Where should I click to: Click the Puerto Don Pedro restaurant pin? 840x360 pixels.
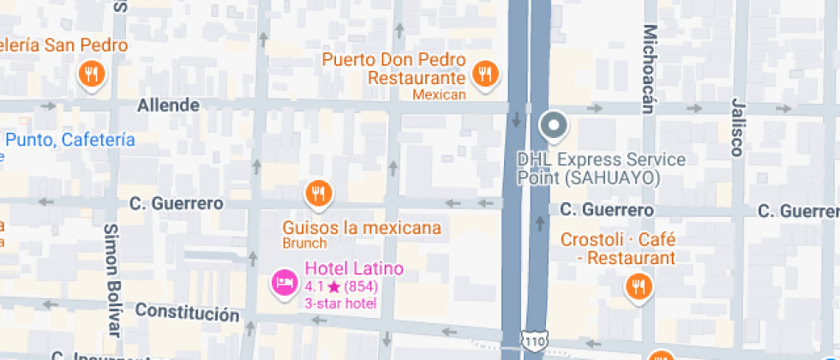pyautogui.click(x=486, y=74)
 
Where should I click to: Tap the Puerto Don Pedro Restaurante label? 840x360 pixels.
pyautogui.click(x=393, y=69)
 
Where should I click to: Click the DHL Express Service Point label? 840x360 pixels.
pyautogui.click(x=601, y=169)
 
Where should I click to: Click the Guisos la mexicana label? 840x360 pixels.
pyautogui.click(x=362, y=228)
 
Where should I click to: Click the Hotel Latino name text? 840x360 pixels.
pyautogui.click(x=353, y=268)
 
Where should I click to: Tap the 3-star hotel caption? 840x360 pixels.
pyautogui.click(x=340, y=303)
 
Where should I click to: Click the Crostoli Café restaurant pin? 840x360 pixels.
pyautogui.click(x=637, y=287)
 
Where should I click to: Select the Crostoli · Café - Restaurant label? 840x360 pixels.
pyautogui.click(x=618, y=248)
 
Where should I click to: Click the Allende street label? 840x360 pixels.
pyautogui.click(x=169, y=105)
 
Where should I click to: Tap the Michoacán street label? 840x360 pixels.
pyautogui.click(x=649, y=69)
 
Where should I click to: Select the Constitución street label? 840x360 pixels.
pyautogui.click(x=187, y=311)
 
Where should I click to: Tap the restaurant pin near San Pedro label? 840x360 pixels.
pyautogui.click(x=92, y=74)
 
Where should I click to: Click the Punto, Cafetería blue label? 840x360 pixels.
pyautogui.click(x=69, y=140)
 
